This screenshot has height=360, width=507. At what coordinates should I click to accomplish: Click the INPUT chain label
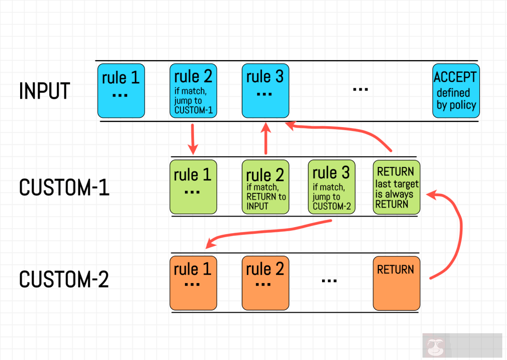pos(45,91)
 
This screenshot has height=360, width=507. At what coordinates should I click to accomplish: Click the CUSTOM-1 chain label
pos(64,188)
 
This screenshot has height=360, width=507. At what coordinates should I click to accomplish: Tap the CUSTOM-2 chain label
pos(64,280)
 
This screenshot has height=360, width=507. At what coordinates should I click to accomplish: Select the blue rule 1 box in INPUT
pos(121,91)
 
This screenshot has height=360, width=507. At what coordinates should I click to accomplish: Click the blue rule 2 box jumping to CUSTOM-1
pos(193,91)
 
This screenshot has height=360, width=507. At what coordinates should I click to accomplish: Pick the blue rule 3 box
pos(265,91)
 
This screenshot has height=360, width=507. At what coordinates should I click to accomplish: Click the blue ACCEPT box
pos(455,91)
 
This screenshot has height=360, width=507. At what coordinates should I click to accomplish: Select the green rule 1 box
pos(193,187)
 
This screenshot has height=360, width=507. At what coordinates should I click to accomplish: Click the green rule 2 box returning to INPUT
pos(265,187)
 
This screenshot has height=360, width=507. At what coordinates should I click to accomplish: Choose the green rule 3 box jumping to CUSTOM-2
pos(331,187)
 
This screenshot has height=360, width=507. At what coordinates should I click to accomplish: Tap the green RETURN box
pos(396,187)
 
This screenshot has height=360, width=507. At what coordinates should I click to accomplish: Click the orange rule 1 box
pos(193,283)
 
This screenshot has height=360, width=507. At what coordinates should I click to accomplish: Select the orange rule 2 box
pos(265,283)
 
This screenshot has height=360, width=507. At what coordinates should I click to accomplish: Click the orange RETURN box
pos(396,283)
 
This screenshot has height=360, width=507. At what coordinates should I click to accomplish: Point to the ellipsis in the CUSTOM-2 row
pos(330,280)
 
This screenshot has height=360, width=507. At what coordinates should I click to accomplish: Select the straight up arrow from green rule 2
pos(266,138)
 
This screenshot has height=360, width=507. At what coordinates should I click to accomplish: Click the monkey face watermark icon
pos(432,346)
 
